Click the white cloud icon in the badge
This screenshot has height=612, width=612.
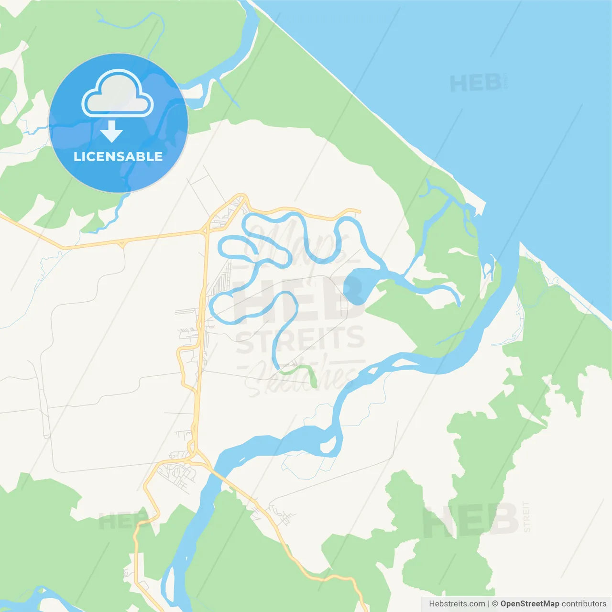click(118, 94)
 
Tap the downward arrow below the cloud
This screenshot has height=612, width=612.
click(112, 131)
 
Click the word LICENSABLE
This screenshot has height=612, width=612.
click(118, 156)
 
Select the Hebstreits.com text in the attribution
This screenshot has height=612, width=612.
click(457, 604)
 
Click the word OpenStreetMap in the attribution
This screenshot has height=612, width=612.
click(529, 604)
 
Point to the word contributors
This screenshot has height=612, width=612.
click(584, 604)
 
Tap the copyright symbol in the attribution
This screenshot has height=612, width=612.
click(495, 604)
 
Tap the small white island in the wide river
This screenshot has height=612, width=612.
click(328, 447)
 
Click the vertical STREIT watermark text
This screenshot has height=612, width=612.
click(526, 516)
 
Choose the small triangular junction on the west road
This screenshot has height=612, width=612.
click(123, 244)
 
